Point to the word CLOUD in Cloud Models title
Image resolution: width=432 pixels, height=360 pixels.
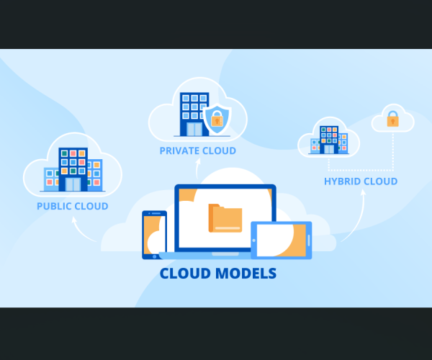tap(183, 274)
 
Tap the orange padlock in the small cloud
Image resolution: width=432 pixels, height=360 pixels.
tap(392, 119)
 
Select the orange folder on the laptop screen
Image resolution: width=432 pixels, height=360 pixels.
tap(225, 218)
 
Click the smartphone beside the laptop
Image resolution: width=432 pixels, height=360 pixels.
tap(153, 234)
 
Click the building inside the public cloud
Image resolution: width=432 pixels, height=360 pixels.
tap(73, 170)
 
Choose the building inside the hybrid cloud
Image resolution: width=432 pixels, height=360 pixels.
tap(329, 140)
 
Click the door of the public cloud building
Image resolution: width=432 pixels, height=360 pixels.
tap(73, 184)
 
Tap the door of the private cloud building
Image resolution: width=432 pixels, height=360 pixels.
tap(194, 130)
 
